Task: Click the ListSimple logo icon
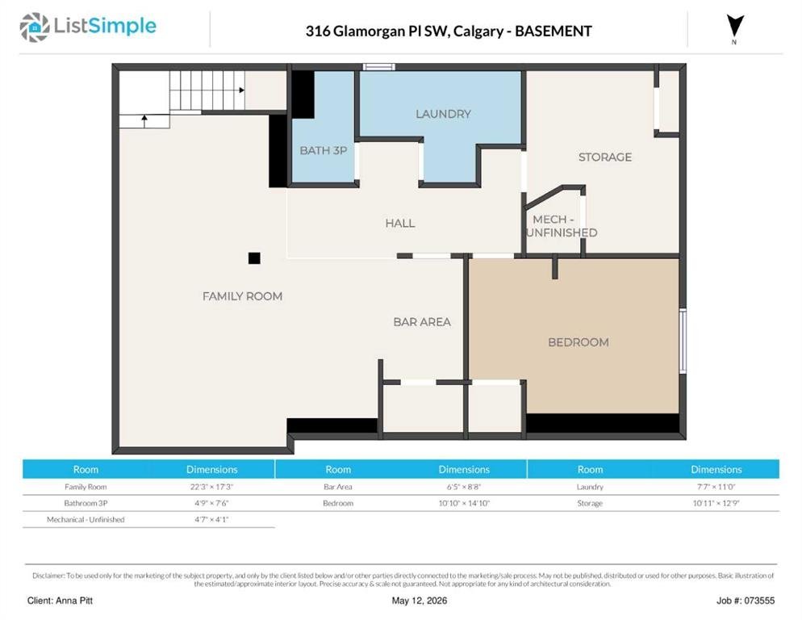coord(35,27)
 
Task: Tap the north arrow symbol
coord(735,26)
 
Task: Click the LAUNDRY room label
coord(443,114)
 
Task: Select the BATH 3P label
coord(324,150)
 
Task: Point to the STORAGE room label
coord(605,157)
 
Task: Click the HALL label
coord(400,224)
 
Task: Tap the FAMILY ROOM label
coord(242,296)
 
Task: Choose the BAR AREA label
coord(422,322)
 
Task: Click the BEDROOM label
coord(579,342)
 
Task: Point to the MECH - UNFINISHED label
coord(562,226)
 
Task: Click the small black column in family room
coord(254,258)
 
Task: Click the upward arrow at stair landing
coord(144,121)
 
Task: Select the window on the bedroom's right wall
coord(683,341)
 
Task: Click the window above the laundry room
coord(378,66)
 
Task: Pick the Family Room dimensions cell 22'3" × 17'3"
coord(211,487)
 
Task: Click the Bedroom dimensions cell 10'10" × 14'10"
coord(464,503)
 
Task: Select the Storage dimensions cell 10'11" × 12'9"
coord(716,503)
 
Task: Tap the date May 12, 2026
coord(420,601)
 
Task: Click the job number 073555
coord(759,601)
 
